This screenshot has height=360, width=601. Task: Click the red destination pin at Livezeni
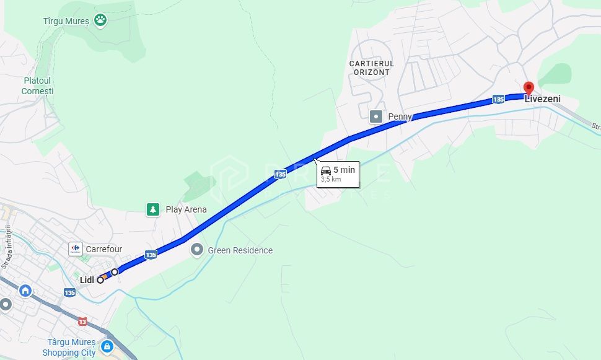[x=528, y=87]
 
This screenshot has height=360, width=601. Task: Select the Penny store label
[x=400, y=116]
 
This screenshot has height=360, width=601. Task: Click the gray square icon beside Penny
[x=376, y=116]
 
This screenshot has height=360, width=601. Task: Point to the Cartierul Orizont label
[x=372, y=68]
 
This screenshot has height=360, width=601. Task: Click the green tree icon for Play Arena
[x=152, y=209]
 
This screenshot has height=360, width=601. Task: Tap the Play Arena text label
[x=186, y=209]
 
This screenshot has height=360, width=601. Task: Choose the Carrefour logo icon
[x=76, y=249]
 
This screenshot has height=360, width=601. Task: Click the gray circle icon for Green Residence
[x=197, y=250]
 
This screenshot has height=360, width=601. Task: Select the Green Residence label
[x=240, y=250]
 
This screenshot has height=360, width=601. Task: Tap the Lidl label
[x=87, y=280]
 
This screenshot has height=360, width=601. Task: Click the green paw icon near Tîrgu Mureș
[x=101, y=20]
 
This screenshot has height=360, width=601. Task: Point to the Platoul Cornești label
[x=37, y=86]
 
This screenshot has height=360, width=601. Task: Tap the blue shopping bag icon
[x=107, y=346]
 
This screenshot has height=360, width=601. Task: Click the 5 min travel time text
[x=344, y=170]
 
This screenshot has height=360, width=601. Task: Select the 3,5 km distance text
[x=330, y=180]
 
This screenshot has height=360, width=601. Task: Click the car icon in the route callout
[x=326, y=170]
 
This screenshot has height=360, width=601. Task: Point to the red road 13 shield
[x=82, y=322]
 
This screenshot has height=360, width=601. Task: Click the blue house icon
[x=25, y=290]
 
